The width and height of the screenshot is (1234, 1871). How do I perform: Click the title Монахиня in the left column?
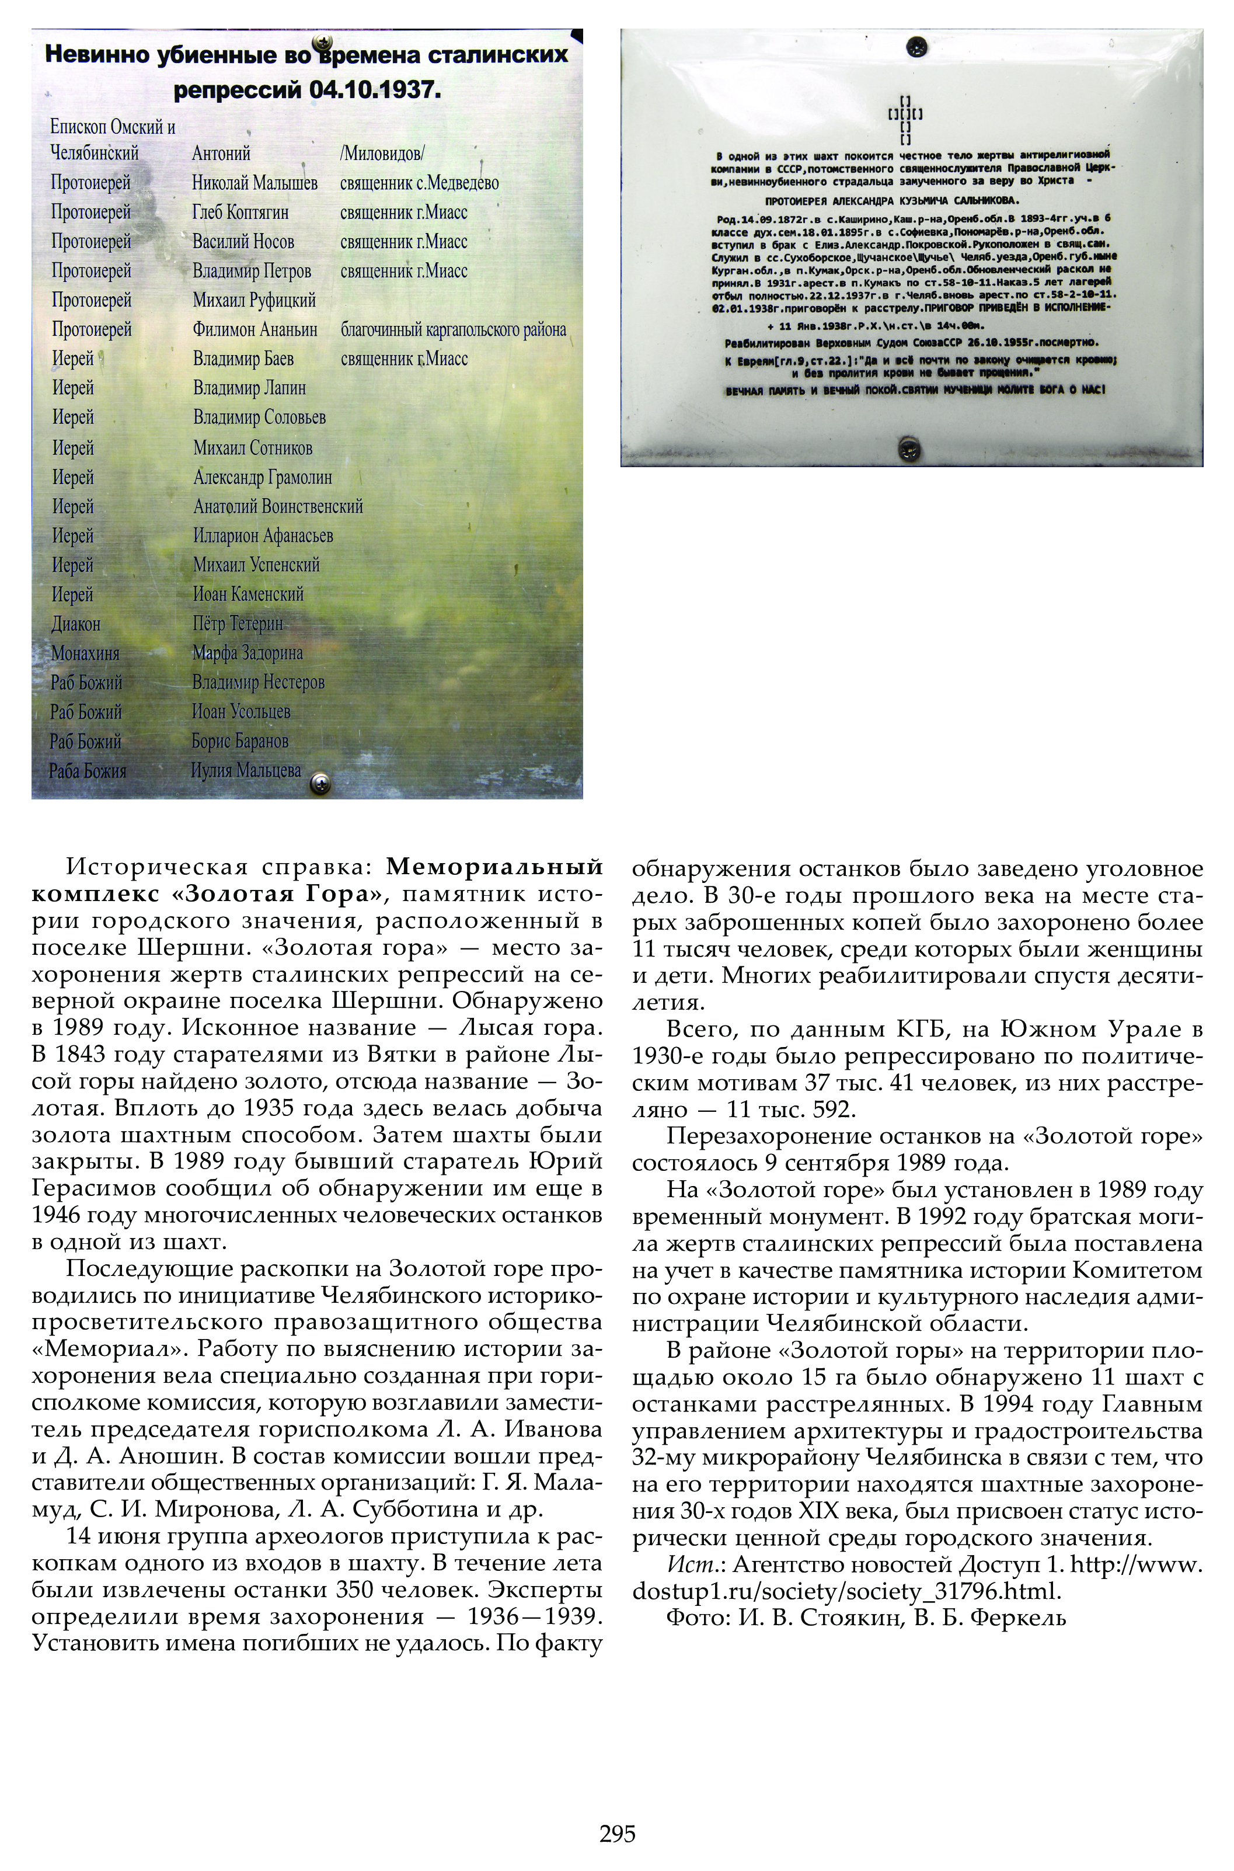[x=85, y=653]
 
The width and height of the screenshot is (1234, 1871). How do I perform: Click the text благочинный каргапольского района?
[x=454, y=330]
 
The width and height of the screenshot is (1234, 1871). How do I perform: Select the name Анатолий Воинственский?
[x=278, y=506]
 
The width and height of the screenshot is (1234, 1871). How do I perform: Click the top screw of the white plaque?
[x=916, y=47]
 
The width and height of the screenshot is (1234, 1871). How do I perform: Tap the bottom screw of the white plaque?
[x=910, y=450]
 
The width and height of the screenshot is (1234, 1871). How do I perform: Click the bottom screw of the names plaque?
[x=320, y=783]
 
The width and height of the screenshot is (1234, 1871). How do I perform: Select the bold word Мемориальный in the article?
[x=494, y=867]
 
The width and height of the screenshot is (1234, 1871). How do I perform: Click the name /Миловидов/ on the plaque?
[x=382, y=154]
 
